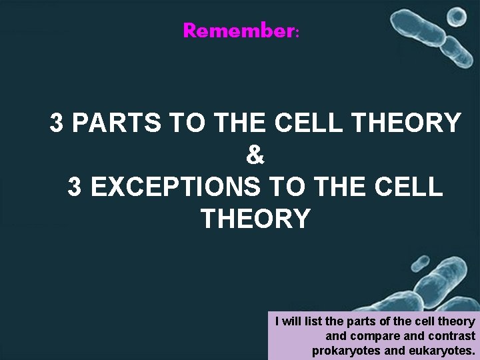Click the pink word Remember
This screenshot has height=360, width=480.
click(x=238, y=31)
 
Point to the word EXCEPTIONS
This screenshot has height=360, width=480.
click(x=175, y=187)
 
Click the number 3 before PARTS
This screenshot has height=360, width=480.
click(x=57, y=123)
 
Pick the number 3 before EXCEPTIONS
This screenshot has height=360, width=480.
click(x=75, y=187)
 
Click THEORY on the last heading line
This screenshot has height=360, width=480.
click(x=255, y=219)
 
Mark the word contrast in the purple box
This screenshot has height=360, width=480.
click(x=452, y=336)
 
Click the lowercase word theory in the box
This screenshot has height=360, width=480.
click(x=457, y=322)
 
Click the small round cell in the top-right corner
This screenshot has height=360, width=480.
click(x=457, y=17)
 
